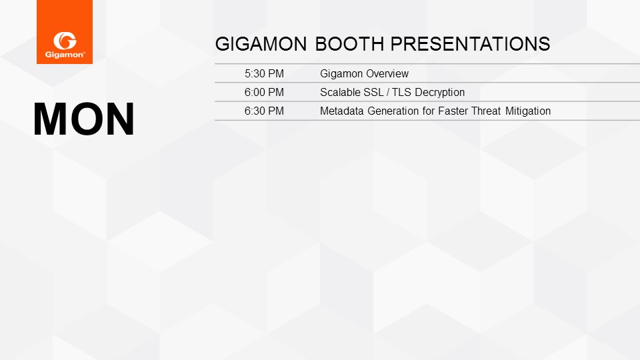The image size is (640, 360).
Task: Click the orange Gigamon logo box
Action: pyautogui.click(x=65, y=32)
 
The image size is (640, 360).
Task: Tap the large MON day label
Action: pyautogui.click(x=84, y=119)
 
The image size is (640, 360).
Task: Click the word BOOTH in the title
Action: pyautogui.click(x=350, y=44)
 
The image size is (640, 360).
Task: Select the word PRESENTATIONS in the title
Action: pyautogui.click(x=470, y=44)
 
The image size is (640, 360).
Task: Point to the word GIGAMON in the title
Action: pyautogui.click(x=261, y=44)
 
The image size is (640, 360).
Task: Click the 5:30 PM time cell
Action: pyautogui.click(x=264, y=74)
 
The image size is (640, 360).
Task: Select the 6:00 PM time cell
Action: pyautogui.click(x=264, y=93)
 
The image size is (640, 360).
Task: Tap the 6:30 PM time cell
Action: pyautogui.click(x=264, y=111)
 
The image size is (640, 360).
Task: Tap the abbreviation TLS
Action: pyautogui.click(x=401, y=93)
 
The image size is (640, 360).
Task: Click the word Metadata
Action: pyautogui.click(x=341, y=111)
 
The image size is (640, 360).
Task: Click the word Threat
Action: pyautogui.click(x=486, y=111)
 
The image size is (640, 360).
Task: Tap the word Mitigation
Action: pyautogui.click(x=528, y=111)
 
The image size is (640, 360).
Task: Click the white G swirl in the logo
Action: pyautogui.click(x=65, y=41)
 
